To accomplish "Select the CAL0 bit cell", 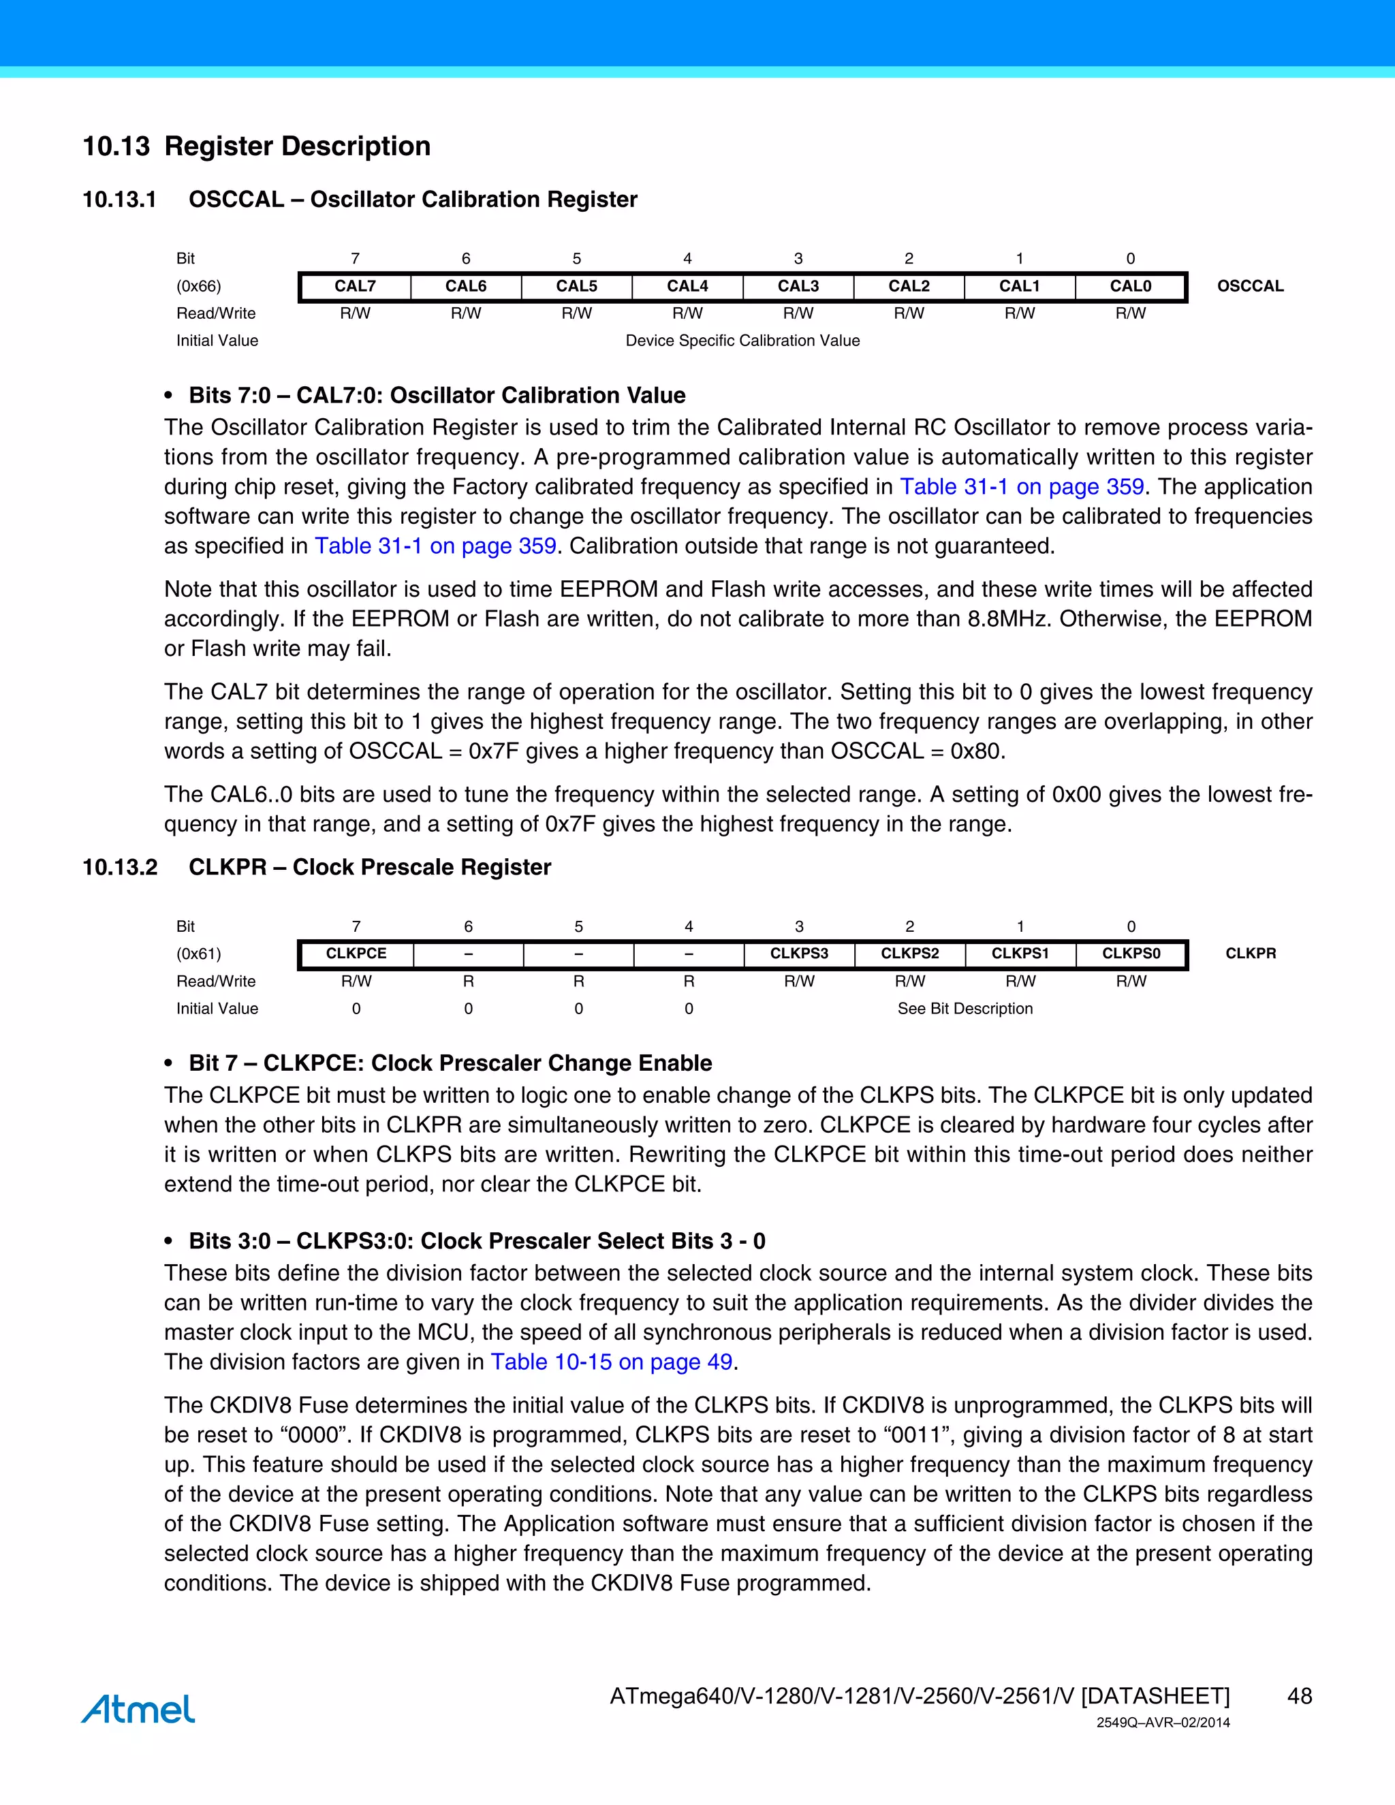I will click(1130, 286).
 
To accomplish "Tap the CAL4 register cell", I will click(687, 286).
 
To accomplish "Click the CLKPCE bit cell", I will click(356, 953).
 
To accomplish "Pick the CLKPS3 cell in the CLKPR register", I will click(798, 953).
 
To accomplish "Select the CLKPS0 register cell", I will click(1131, 953).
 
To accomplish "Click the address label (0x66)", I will click(198, 286).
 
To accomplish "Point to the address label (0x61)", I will click(198, 953).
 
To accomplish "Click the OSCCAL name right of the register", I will click(1249, 286).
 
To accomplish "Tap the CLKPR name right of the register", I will click(1249, 953).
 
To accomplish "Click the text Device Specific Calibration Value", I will click(742, 341).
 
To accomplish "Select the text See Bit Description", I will click(965, 1008).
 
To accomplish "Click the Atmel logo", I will click(138, 1708).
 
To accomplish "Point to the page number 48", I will click(1299, 1696).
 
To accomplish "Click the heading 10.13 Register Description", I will click(256, 146).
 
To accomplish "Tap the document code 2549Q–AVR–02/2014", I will click(1163, 1723).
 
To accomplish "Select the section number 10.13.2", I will click(120, 867).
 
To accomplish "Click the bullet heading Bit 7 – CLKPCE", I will click(450, 1063).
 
